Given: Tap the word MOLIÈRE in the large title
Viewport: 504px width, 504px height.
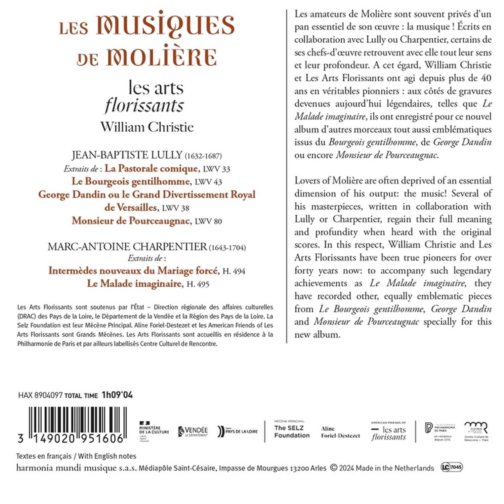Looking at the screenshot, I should tap(162, 57).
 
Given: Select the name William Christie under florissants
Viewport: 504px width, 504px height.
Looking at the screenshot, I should tap(147, 127).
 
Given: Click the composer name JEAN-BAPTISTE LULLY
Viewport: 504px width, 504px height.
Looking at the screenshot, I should tap(127, 155).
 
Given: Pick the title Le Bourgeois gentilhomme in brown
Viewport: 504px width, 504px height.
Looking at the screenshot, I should tap(131, 181).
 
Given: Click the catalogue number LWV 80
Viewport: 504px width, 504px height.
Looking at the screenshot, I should tap(208, 221).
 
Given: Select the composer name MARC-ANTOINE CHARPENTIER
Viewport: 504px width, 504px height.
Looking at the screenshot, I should tap(127, 247).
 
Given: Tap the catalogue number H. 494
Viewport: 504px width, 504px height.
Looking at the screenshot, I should tap(234, 271).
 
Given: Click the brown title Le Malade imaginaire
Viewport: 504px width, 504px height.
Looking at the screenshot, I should tap(134, 284).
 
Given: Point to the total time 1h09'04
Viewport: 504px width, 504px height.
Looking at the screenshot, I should tap(117, 395).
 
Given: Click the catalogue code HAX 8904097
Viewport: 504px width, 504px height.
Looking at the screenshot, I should tap(40, 395).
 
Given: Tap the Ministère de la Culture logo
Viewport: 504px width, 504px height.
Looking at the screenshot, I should tap(154, 431).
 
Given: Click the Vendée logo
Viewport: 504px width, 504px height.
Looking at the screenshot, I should tap(193, 431).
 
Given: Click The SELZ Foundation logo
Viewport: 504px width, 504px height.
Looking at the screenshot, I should tap(292, 431).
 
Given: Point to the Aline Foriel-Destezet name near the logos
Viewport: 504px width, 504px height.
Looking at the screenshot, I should tap(340, 432).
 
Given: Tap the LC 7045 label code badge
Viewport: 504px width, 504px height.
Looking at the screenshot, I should tap(452, 467).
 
